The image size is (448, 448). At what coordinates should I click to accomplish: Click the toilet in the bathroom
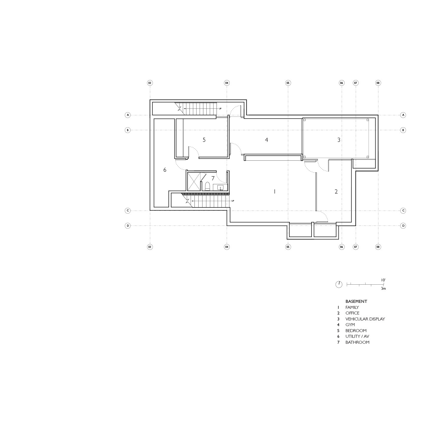[208, 186]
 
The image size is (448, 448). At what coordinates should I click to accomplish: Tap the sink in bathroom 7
[220, 188]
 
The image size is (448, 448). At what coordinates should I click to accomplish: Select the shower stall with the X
[194, 181]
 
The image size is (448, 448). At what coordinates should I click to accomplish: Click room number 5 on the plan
[204, 140]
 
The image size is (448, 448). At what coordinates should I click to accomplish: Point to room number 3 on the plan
[339, 140]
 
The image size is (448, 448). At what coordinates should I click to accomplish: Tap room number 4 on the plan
[266, 140]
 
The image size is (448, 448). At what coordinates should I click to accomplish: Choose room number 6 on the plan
[165, 170]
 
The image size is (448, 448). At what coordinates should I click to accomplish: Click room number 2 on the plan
[336, 192]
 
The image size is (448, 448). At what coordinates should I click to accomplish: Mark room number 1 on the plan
[274, 192]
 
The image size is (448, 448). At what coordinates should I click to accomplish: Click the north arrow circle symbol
[339, 285]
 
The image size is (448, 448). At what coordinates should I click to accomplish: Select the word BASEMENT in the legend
[356, 301]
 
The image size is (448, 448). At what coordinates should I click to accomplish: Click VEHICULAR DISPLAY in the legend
[365, 319]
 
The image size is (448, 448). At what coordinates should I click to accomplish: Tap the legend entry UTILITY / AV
[357, 336]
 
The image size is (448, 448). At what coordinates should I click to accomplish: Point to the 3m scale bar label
[383, 289]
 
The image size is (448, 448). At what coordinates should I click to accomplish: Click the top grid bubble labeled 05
[288, 83]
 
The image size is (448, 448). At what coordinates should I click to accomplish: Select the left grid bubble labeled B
[128, 130]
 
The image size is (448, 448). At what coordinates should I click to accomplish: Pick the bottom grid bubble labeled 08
[378, 247]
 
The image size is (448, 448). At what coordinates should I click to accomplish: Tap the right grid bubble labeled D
[403, 225]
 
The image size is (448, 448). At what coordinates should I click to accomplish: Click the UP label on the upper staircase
[220, 109]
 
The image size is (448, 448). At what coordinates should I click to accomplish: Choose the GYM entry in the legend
[350, 325]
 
